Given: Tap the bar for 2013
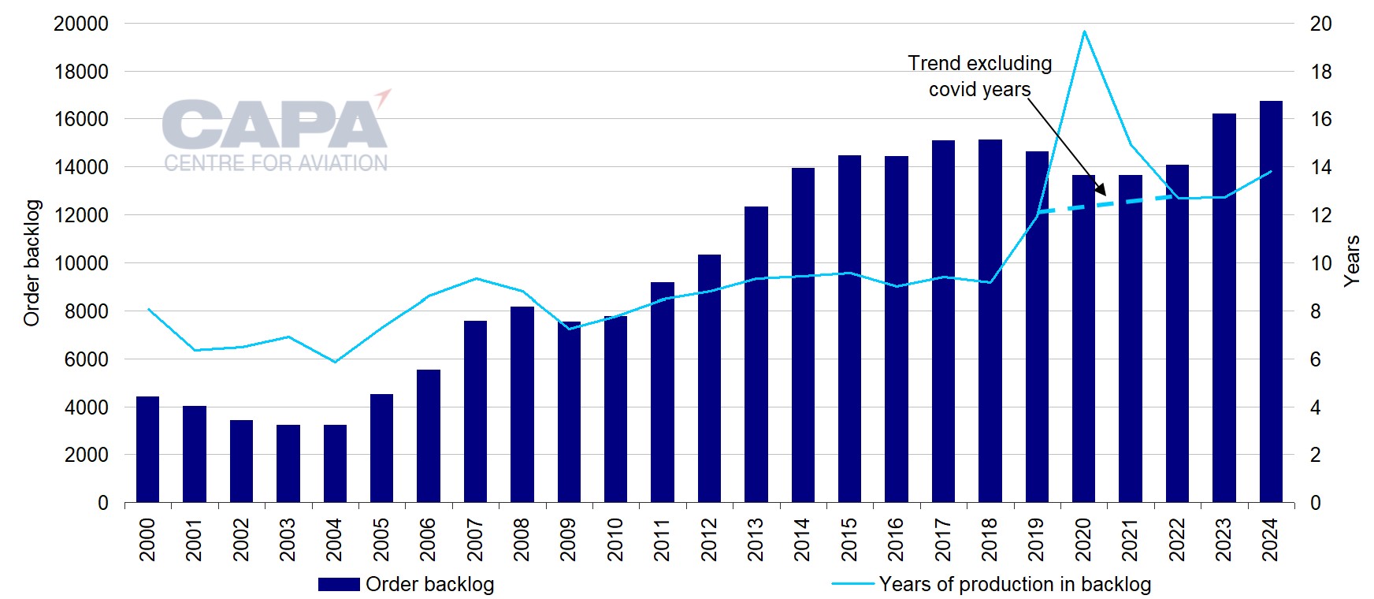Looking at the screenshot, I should [x=756, y=355].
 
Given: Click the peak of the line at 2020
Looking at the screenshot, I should [x=1084, y=32].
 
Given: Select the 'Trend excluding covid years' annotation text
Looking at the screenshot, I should [x=979, y=76].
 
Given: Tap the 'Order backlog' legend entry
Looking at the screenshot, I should [x=406, y=584].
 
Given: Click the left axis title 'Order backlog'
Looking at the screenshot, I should [x=32, y=262].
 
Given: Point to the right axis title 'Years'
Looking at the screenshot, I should [x=1352, y=261].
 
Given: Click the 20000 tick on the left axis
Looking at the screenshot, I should [x=80, y=24].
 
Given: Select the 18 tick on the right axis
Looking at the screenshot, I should [x=1320, y=72].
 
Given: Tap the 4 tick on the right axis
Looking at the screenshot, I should [x=1315, y=407].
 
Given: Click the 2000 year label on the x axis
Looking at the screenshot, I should [x=147, y=540].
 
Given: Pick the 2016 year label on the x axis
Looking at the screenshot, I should [x=896, y=540].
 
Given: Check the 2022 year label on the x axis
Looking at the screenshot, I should [x=1177, y=540].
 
